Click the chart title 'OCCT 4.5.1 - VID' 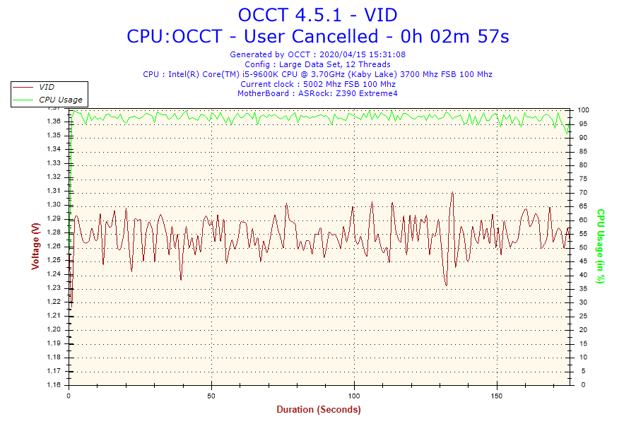click(x=317, y=15)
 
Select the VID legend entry click(x=47, y=87)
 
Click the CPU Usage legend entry click(x=60, y=100)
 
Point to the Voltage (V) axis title click(x=35, y=246)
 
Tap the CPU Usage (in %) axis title click(x=601, y=246)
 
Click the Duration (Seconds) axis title click(x=318, y=410)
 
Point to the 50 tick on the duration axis click(x=211, y=396)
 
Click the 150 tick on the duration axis click(x=497, y=396)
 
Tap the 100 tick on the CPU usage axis click(x=584, y=110)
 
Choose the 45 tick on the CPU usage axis click(x=582, y=261)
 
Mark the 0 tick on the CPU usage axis click(x=579, y=385)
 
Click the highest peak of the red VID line click(x=451, y=192)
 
